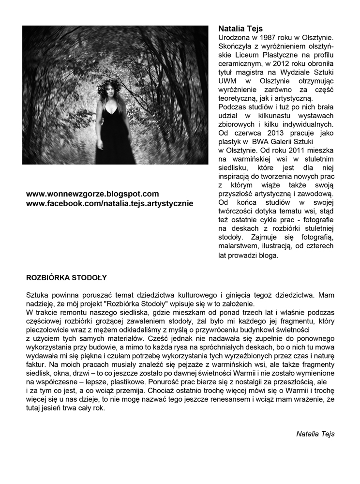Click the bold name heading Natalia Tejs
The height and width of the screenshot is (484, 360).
240,29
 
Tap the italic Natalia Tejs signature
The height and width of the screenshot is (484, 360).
315,434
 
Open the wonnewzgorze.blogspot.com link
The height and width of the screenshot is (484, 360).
92,194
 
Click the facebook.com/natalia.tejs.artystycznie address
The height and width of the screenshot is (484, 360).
109,203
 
